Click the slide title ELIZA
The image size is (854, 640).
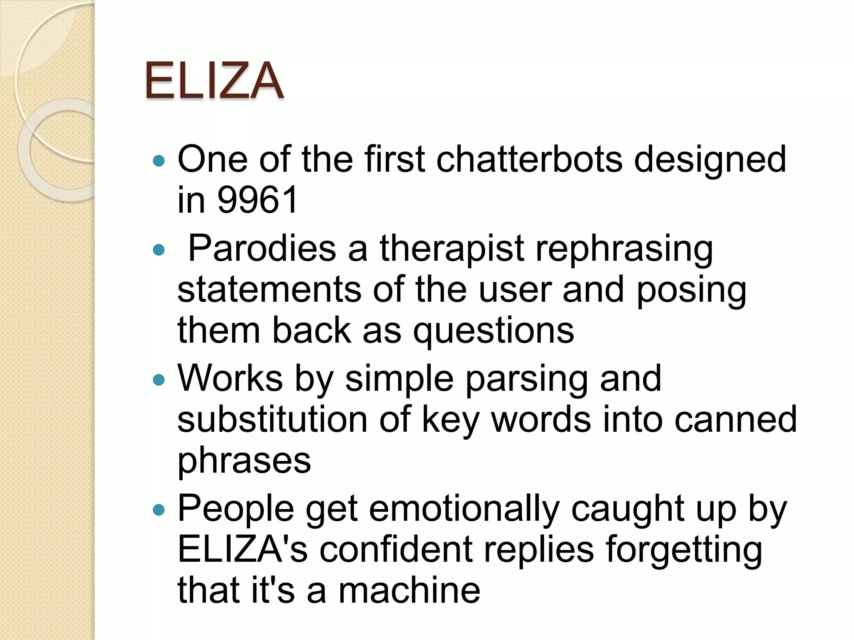tap(214, 80)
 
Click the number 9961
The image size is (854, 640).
tap(257, 200)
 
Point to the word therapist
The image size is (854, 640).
tap(451, 249)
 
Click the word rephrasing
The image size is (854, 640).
tap(624, 249)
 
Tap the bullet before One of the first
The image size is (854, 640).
tap(159, 161)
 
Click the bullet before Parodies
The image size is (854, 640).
tap(159, 250)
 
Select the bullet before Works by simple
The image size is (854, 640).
tap(159, 380)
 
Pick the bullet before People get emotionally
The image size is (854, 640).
tap(159, 510)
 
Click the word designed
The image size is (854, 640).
tap(710, 160)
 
